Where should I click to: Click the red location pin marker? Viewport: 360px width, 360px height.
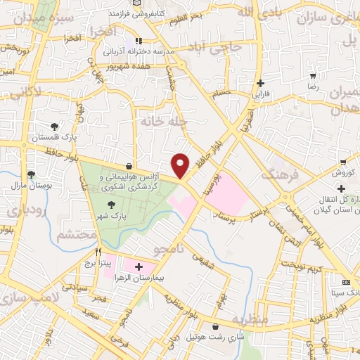181,165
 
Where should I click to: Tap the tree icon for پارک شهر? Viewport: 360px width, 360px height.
111,205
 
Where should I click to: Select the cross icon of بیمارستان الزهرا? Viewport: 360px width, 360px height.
138,266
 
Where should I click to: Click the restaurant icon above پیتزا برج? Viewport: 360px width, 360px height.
98,252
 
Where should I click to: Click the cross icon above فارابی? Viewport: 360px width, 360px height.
260,82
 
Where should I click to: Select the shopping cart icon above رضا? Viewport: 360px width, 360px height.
313,75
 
